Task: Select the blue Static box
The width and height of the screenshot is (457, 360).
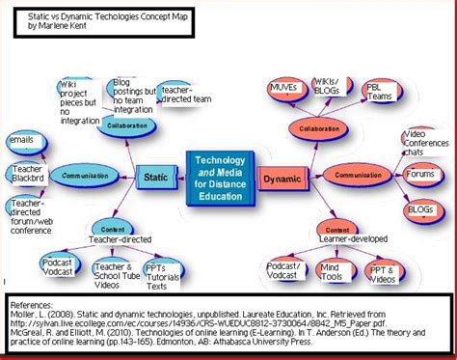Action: point(155,178)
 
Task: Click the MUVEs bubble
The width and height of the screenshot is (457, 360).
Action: point(283,90)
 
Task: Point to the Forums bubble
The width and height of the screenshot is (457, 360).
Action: point(418,175)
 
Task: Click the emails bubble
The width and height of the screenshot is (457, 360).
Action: point(21,141)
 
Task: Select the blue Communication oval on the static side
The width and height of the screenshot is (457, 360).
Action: point(85,176)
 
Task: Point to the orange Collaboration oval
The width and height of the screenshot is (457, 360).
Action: point(317,126)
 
